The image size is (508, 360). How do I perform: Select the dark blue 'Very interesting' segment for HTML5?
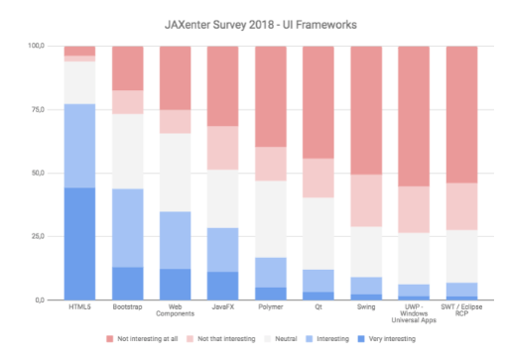(78, 243)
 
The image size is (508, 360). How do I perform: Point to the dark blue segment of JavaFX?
(222, 286)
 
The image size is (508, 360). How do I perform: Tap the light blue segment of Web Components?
(175, 240)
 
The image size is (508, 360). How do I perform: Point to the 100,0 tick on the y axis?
(38, 47)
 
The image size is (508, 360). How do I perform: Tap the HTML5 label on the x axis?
(78, 308)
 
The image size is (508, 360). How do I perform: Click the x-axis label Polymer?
(270, 308)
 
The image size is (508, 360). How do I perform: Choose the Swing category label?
(366, 308)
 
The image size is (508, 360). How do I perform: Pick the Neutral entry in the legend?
(285, 338)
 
